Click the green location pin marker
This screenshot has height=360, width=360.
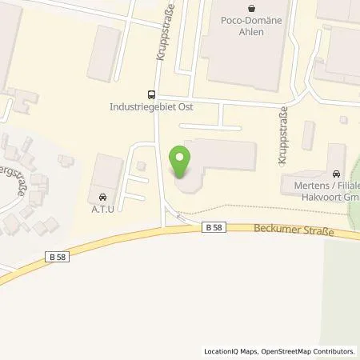181,163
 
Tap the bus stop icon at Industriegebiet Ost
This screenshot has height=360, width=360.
150,93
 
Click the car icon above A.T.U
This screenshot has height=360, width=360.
102,196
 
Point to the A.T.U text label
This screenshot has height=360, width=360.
102,207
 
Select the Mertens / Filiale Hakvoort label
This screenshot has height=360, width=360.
320,190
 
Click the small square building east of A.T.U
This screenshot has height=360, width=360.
141,166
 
